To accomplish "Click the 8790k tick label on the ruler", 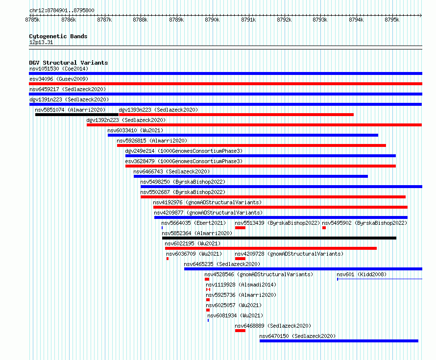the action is click(x=212, y=20).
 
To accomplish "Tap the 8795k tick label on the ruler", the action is click(x=392, y=20).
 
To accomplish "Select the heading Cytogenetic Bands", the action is click(x=58, y=36).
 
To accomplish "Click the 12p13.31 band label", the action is click(x=41, y=42).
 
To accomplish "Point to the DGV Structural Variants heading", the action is click(x=69, y=63).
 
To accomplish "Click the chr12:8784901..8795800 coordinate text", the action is click(x=62, y=10).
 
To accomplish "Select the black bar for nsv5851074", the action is click(x=77, y=115).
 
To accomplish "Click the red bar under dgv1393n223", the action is click(x=236, y=115).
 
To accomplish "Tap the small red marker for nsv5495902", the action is click(x=324, y=228).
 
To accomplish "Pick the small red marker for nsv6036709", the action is click(x=168, y=259).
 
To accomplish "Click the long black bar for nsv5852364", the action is click(x=279, y=238).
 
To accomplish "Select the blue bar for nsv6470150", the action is click(x=339, y=341).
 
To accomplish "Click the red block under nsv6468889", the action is click(x=240, y=331).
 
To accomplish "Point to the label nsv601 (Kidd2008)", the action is click(x=362, y=274).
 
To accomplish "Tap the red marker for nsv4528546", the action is click(x=207, y=279).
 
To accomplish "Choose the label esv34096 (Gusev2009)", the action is click(x=59, y=79).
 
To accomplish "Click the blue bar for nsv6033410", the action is click(x=243, y=135).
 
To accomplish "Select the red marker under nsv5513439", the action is click(x=240, y=228).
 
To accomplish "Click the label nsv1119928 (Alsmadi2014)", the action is click(x=241, y=285).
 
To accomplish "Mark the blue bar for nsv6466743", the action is click(x=251, y=176).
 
